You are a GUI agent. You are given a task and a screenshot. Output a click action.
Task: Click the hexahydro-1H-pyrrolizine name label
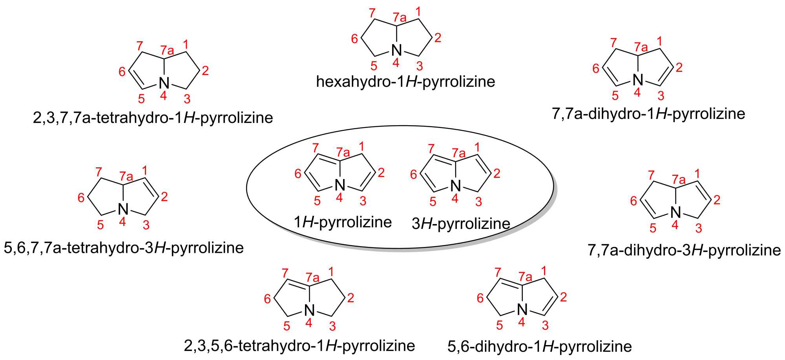405,82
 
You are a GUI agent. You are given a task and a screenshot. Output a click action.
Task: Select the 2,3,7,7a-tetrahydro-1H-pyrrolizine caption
153,117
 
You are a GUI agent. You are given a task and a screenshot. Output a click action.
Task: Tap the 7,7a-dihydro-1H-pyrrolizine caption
648,113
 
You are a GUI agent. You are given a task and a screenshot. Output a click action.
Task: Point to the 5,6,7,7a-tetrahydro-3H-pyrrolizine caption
124,248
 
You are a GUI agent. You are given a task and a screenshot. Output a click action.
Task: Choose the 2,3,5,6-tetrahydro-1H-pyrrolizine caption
299,345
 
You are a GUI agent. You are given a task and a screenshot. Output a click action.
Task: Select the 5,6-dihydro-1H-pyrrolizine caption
540,346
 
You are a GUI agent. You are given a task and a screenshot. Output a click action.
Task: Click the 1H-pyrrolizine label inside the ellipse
343,222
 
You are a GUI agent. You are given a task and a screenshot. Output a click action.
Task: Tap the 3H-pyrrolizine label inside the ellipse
461,224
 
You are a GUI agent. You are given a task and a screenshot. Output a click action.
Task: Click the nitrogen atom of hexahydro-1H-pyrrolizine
397,50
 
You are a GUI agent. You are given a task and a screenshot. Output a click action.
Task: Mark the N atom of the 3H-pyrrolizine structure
455,185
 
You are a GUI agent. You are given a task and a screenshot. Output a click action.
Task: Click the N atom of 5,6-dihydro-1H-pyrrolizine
522,310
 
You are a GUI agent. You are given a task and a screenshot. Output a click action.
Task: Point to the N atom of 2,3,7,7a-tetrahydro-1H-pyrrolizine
164,83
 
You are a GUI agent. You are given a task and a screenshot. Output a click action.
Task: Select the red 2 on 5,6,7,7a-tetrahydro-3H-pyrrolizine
164,196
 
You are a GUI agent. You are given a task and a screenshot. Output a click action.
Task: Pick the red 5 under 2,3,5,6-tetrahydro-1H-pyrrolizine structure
287,325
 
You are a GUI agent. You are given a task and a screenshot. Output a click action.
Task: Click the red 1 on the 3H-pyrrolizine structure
477,148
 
